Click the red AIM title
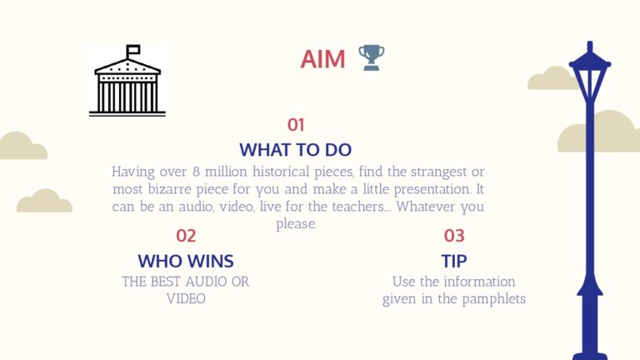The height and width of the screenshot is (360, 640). coord(322,59)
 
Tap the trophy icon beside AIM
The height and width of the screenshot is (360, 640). coord(372,57)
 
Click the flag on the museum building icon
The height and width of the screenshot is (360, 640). coord(133,50)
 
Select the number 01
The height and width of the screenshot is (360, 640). coord(296,125)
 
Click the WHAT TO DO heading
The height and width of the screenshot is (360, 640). coord(296,150)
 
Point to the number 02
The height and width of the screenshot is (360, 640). coord(186,236)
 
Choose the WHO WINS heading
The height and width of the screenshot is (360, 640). coord(186,261)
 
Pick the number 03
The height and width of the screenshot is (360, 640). coord(454,236)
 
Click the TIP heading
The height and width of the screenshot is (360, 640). coord(454,261)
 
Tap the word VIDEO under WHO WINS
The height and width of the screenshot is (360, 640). coord(186,299)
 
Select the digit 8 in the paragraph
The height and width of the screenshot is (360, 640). coord(197,172)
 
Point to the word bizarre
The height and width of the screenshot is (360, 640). coord(169,189)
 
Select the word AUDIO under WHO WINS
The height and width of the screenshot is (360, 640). coord(206,282)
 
